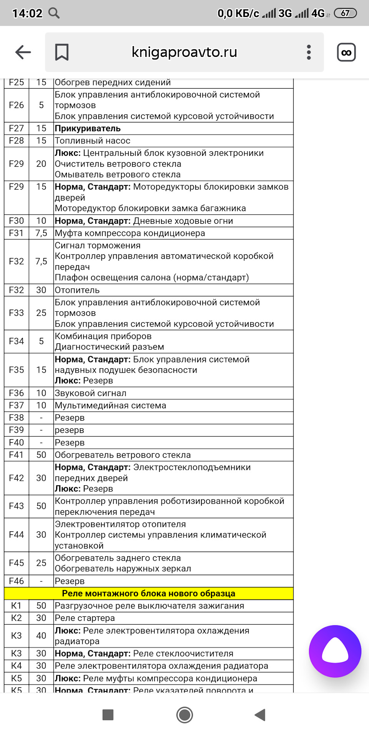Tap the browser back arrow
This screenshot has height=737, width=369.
[x=23, y=52]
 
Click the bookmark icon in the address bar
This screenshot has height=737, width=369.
[x=61, y=52]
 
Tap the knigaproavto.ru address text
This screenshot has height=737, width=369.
[x=184, y=52]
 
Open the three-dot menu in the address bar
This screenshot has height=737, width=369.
[x=309, y=52]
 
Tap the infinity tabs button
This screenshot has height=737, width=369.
[x=346, y=52]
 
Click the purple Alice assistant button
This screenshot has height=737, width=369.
[x=335, y=651]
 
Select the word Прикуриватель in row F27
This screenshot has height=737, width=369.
[x=88, y=128]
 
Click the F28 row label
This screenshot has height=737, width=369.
[x=16, y=140]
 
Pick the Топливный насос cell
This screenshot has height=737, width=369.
[x=93, y=140]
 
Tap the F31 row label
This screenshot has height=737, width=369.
[x=16, y=233]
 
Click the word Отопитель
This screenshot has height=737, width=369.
[x=77, y=290]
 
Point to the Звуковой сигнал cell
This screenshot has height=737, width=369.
[x=91, y=393]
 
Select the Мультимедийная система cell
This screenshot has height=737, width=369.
[x=111, y=405]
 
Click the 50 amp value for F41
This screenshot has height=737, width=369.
[x=41, y=455]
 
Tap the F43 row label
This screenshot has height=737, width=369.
[x=16, y=506]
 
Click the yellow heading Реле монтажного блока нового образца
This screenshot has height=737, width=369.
[x=148, y=593]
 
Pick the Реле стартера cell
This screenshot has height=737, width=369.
[x=85, y=618]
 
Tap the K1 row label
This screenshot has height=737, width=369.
[x=16, y=606]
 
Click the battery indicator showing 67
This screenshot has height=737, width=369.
[x=345, y=13]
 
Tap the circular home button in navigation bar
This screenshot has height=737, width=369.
[x=184, y=715]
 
